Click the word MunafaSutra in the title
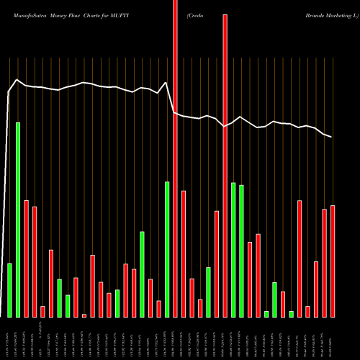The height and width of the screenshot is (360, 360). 25,8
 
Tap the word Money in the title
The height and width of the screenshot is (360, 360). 59,8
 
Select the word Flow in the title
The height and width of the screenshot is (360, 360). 81,8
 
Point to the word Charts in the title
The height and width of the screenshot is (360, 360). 102,8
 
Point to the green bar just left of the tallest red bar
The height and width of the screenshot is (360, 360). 167,249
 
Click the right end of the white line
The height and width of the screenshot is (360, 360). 332,137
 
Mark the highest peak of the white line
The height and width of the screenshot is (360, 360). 18,80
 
